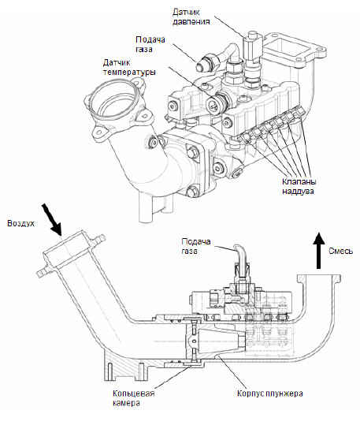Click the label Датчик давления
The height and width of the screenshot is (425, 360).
(191, 17)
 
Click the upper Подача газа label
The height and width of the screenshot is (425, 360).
(150, 44)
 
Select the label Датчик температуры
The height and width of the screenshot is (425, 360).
(129, 68)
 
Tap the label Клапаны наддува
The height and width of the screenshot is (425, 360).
(299, 186)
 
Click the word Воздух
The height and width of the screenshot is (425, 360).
(20, 223)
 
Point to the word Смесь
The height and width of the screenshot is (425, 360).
(341, 251)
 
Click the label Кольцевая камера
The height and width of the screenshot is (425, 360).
(134, 397)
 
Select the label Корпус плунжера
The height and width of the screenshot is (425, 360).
(269, 393)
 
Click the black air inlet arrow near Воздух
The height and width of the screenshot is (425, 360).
(51, 219)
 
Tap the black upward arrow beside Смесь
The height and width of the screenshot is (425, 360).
(319, 251)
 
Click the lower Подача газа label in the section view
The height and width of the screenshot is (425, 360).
(196, 246)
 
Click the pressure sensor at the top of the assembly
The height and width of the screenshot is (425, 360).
(252, 47)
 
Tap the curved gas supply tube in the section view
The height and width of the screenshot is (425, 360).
(240, 254)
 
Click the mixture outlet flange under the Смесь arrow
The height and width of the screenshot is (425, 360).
(319, 278)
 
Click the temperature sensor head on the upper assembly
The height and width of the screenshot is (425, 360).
(214, 105)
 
